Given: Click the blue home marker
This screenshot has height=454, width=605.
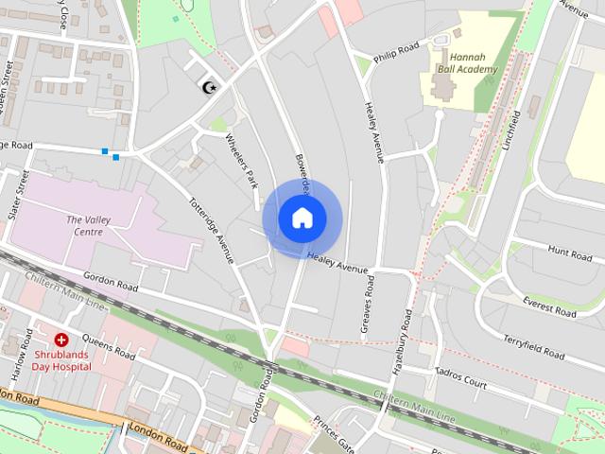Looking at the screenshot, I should (302, 218).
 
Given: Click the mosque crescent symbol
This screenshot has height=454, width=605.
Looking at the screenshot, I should (210, 87).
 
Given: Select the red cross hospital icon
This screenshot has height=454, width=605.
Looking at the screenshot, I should (61, 338).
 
